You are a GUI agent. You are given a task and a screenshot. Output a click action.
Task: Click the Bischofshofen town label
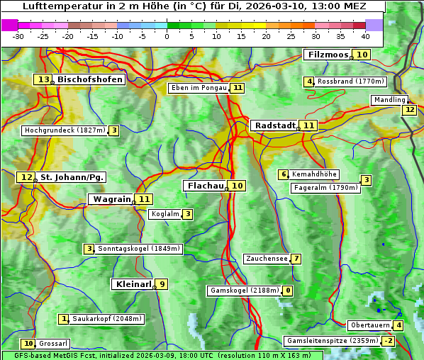coord(90,80)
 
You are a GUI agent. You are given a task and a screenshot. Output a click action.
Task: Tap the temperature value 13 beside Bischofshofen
coord(44,80)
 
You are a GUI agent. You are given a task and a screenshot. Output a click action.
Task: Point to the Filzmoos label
coord(327,55)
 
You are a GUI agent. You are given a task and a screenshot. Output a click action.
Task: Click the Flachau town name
coord(205,186)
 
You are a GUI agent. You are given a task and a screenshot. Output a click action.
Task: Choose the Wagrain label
coord(112,199)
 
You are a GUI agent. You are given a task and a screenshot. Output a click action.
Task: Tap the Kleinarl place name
coord(133,284)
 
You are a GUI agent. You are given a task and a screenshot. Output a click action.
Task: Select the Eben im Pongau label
coord(199,88)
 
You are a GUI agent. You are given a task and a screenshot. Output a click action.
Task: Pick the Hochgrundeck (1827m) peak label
coord(65,130)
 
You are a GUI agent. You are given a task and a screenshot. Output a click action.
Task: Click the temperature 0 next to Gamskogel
coord(288,291)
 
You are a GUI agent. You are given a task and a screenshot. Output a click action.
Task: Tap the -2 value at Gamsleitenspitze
coord(388,341)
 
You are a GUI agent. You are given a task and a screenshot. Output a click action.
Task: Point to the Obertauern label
coord(370,325)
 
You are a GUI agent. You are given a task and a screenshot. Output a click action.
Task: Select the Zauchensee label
coord(267,259)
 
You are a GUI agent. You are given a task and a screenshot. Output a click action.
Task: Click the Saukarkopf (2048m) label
coord(108,319)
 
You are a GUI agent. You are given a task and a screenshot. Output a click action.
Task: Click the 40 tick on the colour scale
coord(365,36)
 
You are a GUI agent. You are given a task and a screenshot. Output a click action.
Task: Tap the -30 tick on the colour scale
coord(18,36)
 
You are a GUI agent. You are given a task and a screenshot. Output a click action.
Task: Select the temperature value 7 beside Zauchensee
coord(296,259)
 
